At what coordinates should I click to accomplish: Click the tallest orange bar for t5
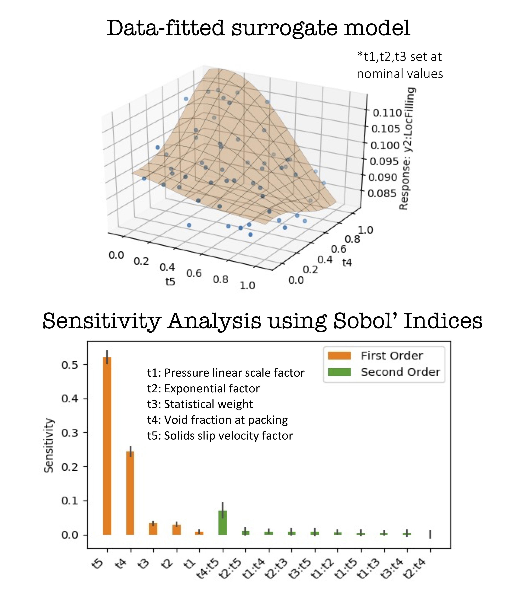pos(107,446)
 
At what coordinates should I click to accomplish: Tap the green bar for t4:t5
pos(222,523)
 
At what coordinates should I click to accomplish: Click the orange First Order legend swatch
pos(339,356)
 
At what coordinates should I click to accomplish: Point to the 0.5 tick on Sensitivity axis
pos(70,365)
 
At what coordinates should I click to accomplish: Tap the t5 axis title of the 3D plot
pos(170,281)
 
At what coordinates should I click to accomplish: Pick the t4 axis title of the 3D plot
pos(347,263)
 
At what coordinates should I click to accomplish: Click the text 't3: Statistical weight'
pos(200,404)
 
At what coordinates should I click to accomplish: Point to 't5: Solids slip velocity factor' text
pos(220,436)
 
